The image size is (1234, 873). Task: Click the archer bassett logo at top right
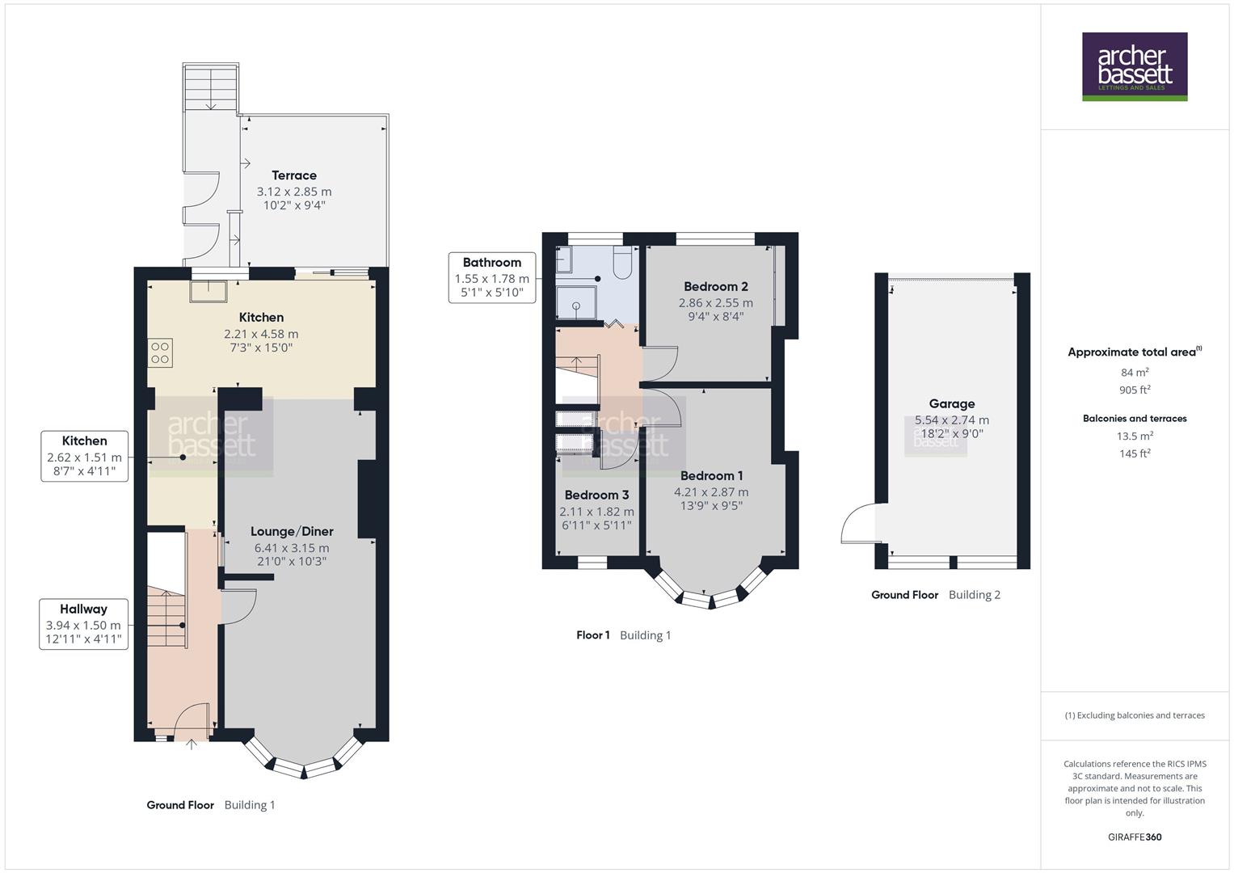point(1135,66)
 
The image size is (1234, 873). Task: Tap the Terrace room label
point(294,175)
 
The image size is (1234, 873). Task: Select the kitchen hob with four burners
point(160,353)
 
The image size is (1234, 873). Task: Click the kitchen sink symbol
point(208,290)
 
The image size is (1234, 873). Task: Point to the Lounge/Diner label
point(292,531)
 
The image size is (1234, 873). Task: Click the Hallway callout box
point(84,624)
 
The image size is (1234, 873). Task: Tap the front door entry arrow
point(192,744)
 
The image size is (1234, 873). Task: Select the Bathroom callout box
point(491,277)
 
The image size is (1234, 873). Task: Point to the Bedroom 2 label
point(715,286)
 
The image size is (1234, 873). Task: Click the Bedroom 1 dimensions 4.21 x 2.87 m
point(711,491)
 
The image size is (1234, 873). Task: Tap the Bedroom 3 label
point(596,495)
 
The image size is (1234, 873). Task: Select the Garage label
point(951,403)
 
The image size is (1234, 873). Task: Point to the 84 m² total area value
point(1135,373)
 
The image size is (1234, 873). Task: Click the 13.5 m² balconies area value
point(1135,436)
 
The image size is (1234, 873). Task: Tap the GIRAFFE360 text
point(1135,837)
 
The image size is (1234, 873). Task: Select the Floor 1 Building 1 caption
point(623,635)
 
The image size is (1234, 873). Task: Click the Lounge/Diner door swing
point(240,606)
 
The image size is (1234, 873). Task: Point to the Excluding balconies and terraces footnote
point(1135,715)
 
